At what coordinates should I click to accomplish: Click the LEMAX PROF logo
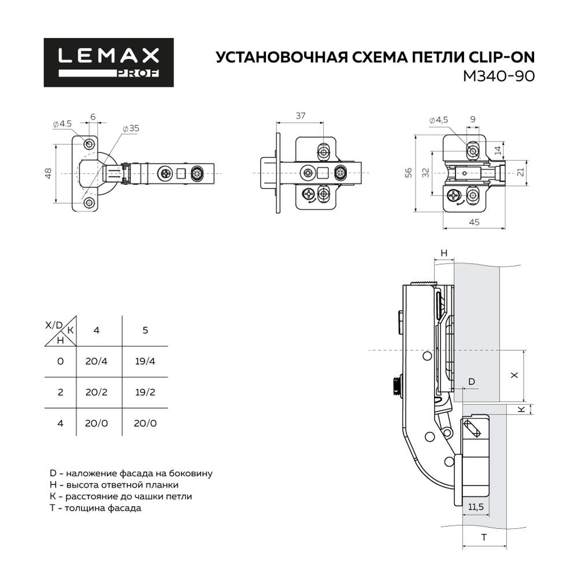tap(109, 62)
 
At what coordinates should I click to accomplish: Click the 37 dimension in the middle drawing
tap(301, 116)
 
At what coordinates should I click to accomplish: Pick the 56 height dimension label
tap(409, 173)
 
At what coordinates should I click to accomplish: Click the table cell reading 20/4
tap(97, 361)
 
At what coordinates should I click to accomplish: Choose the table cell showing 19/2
tap(144, 392)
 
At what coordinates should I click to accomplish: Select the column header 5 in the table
tap(145, 330)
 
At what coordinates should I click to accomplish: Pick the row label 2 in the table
tap(60, 392)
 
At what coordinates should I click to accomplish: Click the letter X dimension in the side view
tap(514, 375)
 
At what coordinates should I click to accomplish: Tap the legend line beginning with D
tap(131, 473)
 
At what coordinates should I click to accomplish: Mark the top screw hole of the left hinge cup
tap(90, 143)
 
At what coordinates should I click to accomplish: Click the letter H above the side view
tap(444, 253)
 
